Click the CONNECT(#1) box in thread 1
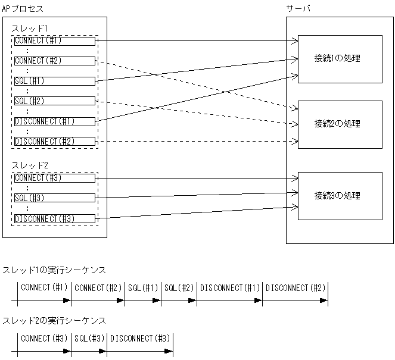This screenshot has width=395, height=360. [x=54, y=41]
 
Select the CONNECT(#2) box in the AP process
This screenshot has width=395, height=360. [x=54, y=61]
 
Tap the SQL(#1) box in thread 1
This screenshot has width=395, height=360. [x=54, y=81]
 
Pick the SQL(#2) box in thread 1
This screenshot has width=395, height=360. [x=54, y=101]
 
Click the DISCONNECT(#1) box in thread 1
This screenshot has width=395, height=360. [x=54, y=121]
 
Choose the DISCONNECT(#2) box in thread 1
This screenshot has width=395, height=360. [x=54, y=141]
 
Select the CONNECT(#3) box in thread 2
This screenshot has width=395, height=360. [x=54, y=178]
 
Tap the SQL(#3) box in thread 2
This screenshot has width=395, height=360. [x=54, y=198]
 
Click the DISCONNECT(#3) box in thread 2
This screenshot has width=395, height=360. [x=54, y=218]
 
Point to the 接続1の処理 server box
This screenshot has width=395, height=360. [x=340, y=59]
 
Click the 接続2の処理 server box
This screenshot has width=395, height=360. [x=340, y=124]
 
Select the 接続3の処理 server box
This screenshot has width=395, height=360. [x=340, y=196]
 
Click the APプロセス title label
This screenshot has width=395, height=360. [x=23, y=9]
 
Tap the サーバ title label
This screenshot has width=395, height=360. [x=298, y=9]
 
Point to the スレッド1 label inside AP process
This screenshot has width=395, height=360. [x=30, y=29]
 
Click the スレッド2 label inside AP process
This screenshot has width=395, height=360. [x=30, y=165]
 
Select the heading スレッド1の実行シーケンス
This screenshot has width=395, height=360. [x=54, y=270]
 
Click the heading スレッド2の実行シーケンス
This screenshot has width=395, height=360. [x=54, y=321]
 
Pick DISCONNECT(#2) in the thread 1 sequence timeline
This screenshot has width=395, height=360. [x=296, y=288]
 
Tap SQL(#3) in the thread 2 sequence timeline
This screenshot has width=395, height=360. [x=90, y=339]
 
